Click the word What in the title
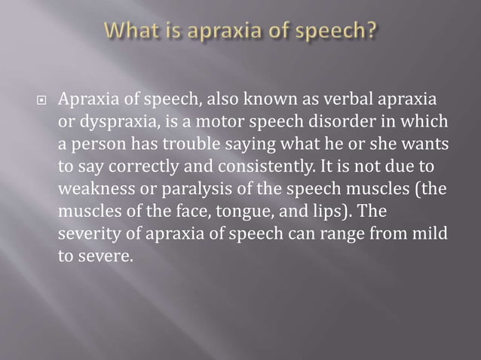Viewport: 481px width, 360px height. (x=133, y=32)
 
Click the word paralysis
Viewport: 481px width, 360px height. (x=177, y=185)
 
